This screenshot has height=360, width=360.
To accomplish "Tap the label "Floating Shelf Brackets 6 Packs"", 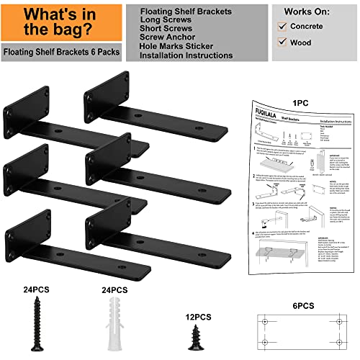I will (x=61, y=53).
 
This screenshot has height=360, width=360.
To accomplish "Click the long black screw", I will (x=33, y=321).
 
